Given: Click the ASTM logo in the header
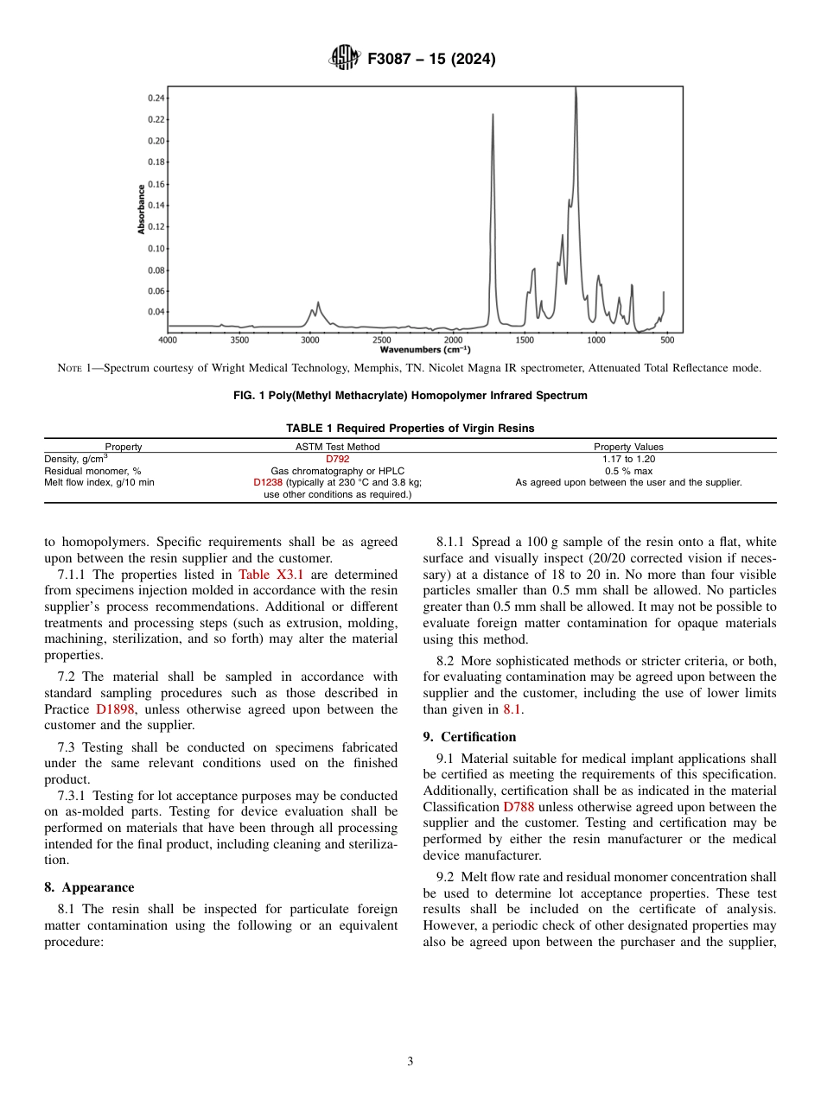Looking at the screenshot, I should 345,59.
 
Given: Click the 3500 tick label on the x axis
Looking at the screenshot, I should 239,340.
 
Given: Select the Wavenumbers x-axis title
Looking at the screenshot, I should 425,350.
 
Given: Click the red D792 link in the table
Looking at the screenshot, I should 337,459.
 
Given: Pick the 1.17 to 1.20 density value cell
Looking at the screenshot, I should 628,459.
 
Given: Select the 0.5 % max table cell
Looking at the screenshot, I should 628,471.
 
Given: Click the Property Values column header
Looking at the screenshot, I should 628,447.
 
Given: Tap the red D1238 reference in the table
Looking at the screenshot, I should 267,483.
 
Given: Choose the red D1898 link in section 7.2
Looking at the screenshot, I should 116,709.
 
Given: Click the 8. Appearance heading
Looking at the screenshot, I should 89,887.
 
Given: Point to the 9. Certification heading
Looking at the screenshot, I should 469,737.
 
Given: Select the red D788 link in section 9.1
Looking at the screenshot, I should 519,807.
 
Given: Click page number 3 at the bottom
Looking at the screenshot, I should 410,1061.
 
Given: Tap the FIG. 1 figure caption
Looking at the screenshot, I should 410,396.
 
